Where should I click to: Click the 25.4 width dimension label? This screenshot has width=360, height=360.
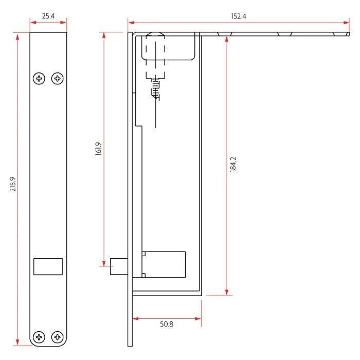pyautogui.click(x=48, y=16)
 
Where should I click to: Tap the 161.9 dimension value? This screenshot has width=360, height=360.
pyautogui.click(x=98, y=149)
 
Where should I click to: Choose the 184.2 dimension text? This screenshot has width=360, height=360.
pyautogui.click(x=232, y=164)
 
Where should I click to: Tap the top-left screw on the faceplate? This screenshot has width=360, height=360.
pyautogui.click(x=40, y=79)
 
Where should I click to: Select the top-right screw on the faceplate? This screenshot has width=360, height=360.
pyautogui.click(x=58, y=79)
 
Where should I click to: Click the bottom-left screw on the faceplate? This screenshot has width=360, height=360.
pyautogui.click(x=40, y=337)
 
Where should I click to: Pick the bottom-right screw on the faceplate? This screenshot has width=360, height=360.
pyautogui.click(x=58, y=337)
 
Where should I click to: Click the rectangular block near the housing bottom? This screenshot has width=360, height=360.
pyautogui.click(x=164, y=264)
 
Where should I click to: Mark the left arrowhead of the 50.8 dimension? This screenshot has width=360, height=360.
pyautogui.click(x=135, y=318)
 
